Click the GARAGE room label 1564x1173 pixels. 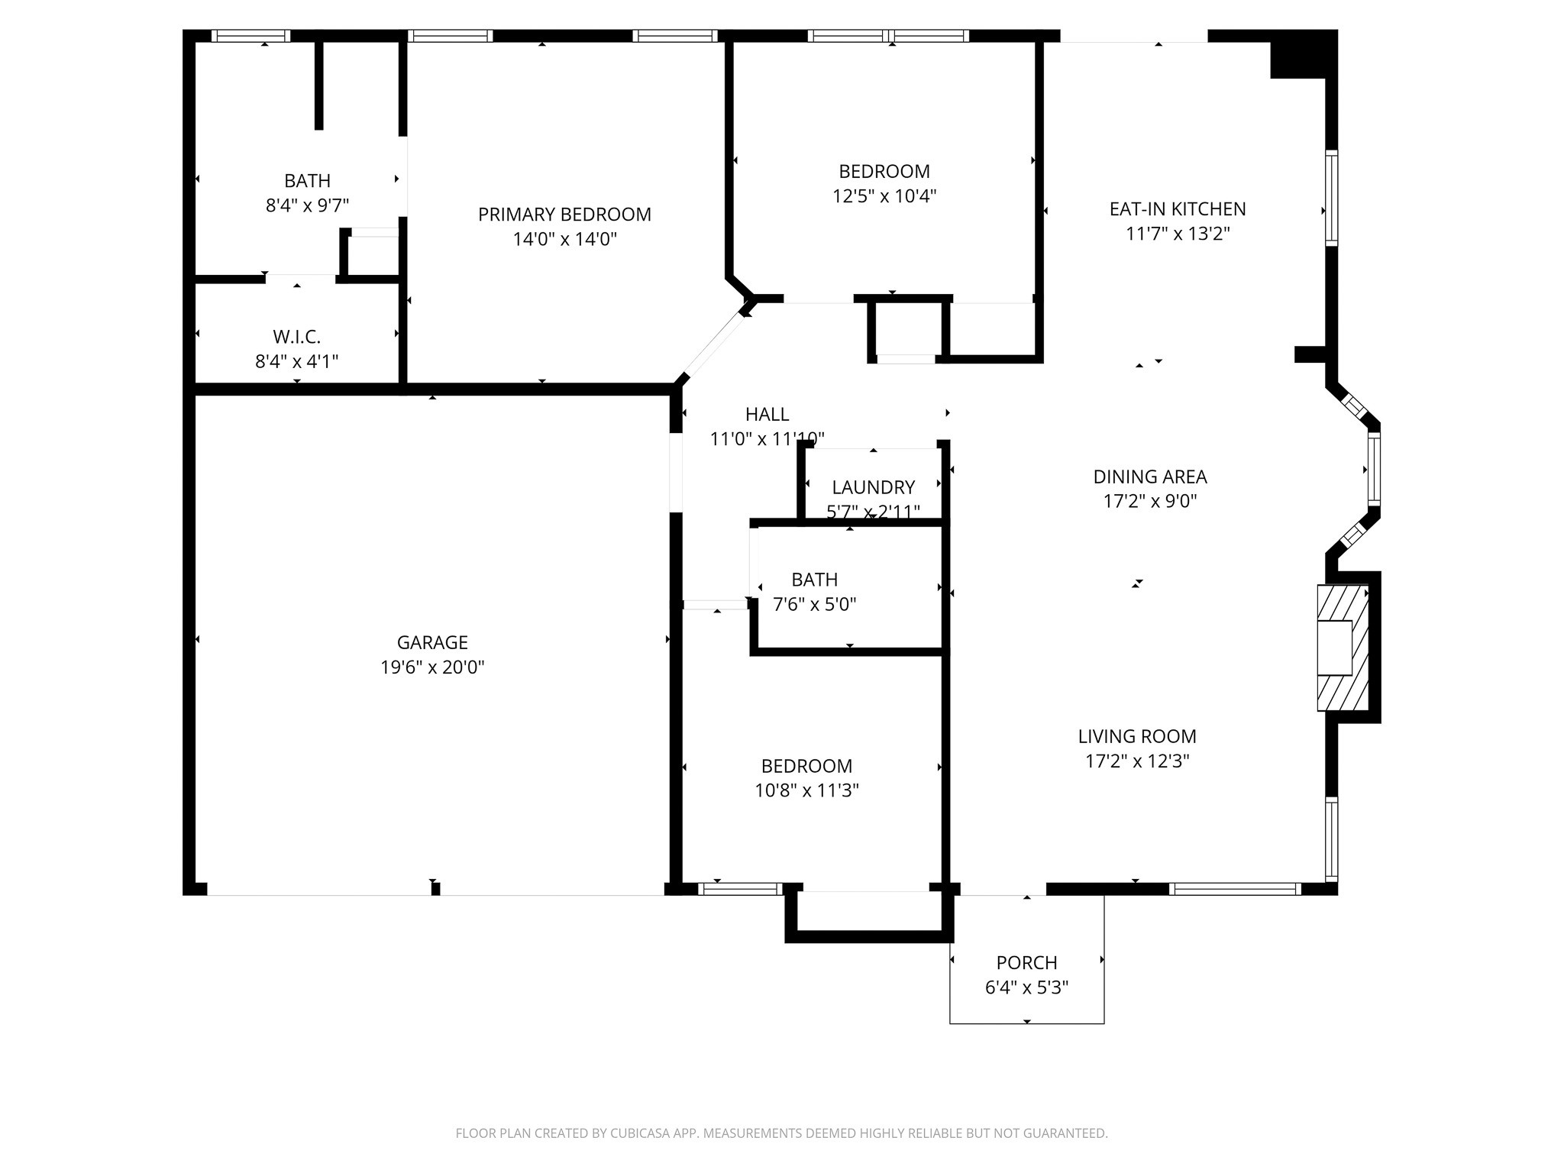(432, 642)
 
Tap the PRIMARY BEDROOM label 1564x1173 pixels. (564, 215)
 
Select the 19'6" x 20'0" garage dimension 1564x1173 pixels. (432, 667)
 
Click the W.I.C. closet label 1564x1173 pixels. (297, 337)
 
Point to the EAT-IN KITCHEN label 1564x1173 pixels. (1178, 208)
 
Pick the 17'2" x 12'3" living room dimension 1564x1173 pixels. (1137, 761)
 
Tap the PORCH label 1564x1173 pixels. (1026, 962)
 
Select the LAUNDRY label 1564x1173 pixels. (873, 487)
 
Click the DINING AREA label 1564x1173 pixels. (1150, 477)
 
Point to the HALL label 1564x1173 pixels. (767, 414)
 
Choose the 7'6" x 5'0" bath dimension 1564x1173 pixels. (814, 605)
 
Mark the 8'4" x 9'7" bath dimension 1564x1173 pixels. (307, 205)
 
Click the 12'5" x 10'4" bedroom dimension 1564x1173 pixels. (884, 196)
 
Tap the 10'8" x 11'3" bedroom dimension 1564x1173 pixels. (806, 790)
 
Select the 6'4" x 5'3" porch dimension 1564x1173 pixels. (1026, 987)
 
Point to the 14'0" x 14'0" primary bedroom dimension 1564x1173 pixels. (564, 240)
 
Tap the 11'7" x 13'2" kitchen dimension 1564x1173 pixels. (1178, 234)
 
